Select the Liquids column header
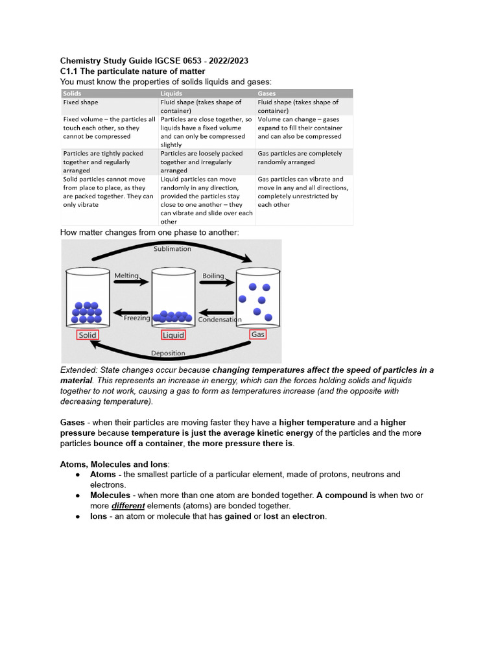coord(171,93)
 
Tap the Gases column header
coord(267,93)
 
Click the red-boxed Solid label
coord(88,335)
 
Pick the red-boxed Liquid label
coord(173,335)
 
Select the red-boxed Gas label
coord(257,335)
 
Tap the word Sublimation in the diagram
coord(172,248)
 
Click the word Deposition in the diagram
coord(168,353)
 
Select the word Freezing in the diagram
coord(137,318)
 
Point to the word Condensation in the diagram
coord(220,320)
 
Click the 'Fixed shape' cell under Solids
coord(81,102)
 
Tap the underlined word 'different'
coord(128,506)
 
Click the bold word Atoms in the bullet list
coord(103,475)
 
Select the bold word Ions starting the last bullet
coord(99,517)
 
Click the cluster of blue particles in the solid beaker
coord(86,313)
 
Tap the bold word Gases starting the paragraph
coord(73,422)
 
